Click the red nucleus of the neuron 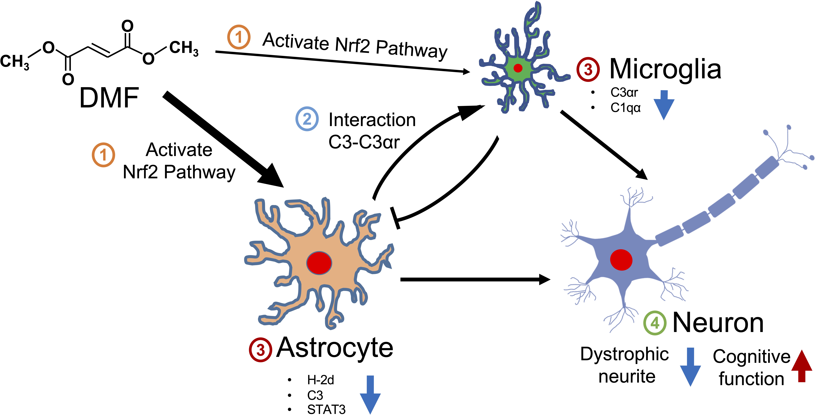click(x=621, y=260)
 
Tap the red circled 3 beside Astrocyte click(x=260, y=350)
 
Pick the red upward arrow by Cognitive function click(x=802, y=366)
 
